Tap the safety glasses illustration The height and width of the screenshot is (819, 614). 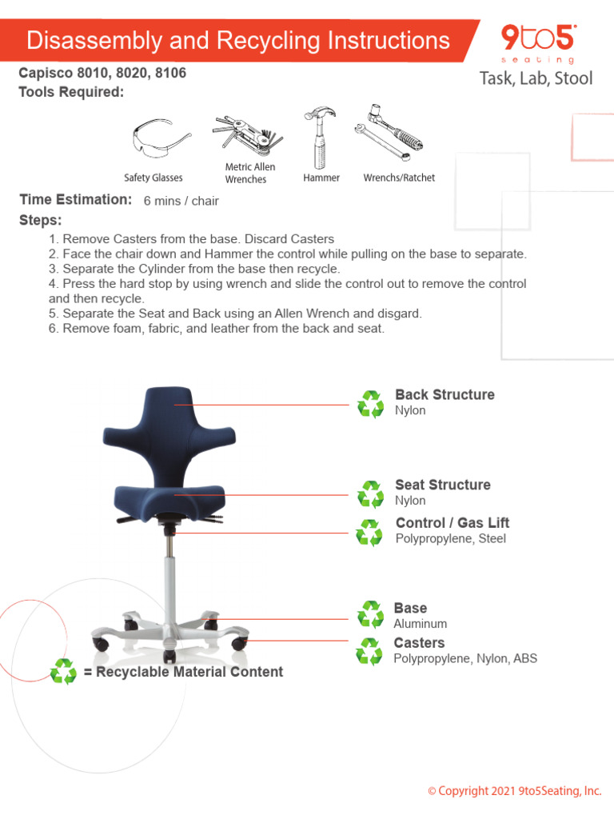161,138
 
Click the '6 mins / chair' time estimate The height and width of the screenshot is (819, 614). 181,201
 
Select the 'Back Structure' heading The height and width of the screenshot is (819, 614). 445,394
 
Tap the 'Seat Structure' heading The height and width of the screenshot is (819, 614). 442,485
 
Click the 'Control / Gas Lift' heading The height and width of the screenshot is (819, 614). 453,522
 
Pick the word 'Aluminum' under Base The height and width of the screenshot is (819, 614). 420,624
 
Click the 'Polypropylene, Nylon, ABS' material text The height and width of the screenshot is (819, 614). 465,658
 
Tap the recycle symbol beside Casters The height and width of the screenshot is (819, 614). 369,652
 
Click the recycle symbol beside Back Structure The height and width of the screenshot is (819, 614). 370,404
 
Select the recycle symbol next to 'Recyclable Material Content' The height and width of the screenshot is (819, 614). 63,671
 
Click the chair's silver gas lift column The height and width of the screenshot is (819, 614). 170,576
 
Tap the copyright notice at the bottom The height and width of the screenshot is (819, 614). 514,791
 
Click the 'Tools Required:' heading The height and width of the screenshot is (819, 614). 71,92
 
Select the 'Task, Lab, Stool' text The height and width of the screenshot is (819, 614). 536,78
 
